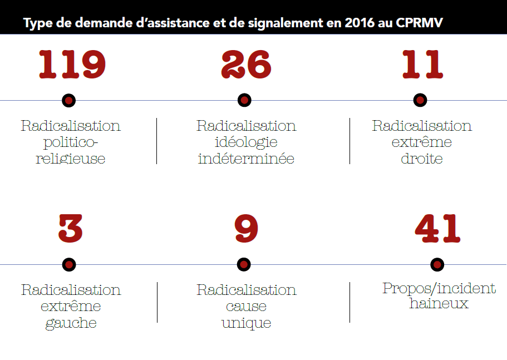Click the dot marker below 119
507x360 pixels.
[69, 100]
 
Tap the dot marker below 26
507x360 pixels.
[244, 100]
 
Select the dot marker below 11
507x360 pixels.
[421, 100]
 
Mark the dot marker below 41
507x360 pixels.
[437, 264]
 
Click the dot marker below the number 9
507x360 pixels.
[244, 264]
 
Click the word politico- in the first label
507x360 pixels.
[70, 142]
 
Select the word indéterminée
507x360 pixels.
[246, 159]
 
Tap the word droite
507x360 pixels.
[422, 159]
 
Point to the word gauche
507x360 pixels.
[71, 323]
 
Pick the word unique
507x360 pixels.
[246, 323]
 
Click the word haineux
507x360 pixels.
[439, 304]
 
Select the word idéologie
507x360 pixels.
[246, 142]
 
